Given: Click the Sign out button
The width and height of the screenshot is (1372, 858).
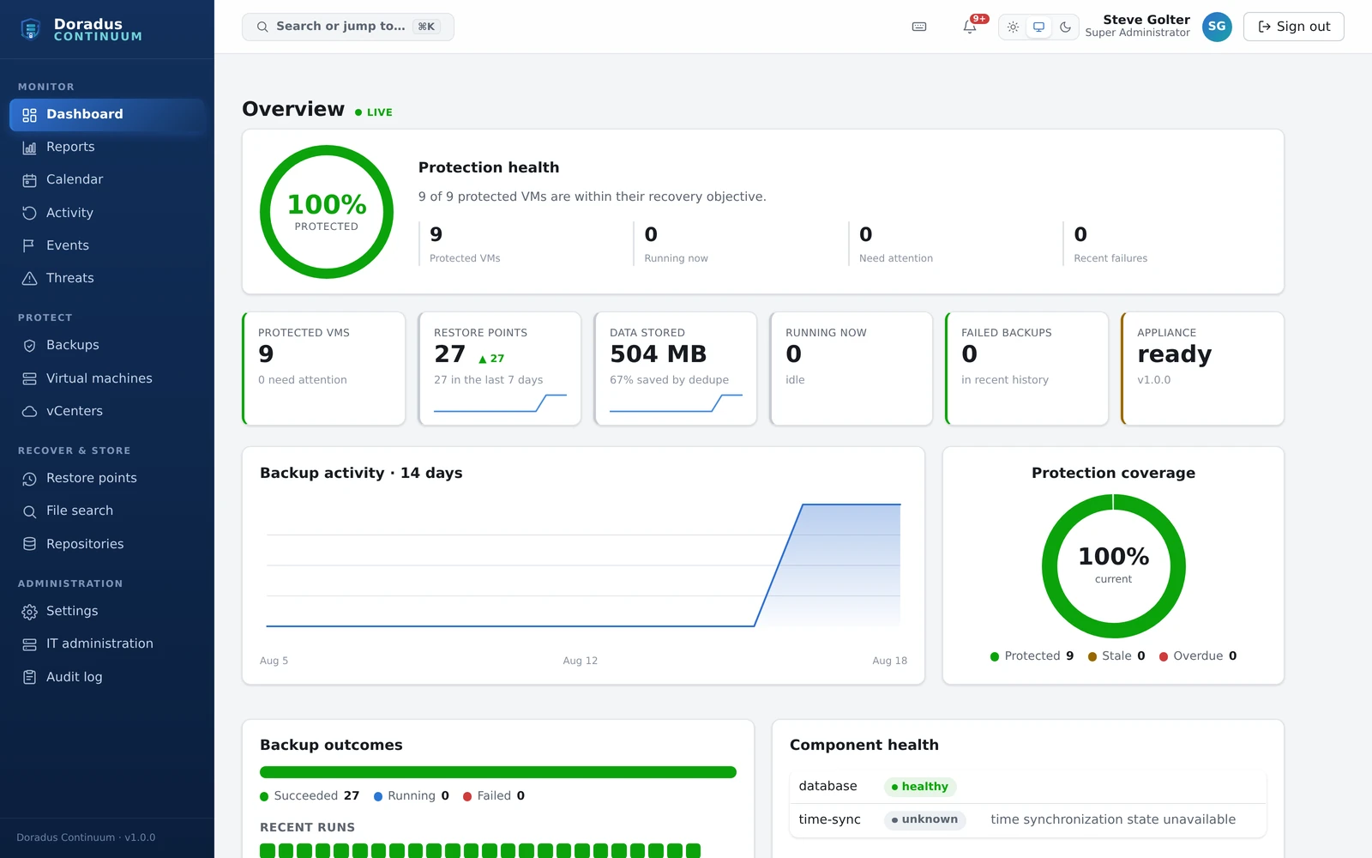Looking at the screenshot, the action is [x=1294, y=27].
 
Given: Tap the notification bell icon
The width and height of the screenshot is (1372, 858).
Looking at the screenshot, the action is [x=970, y=27].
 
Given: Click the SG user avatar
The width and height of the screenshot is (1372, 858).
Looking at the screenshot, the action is [x=1217, y=27].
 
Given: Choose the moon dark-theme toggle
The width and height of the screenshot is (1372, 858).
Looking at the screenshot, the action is [x=1065, y=27].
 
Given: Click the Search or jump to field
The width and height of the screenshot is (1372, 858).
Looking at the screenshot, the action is [x=348, y=27].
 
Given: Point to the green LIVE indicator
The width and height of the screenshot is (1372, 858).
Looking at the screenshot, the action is [x=374, y=112].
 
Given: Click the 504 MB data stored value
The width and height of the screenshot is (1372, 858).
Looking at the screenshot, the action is [x=658, y=354].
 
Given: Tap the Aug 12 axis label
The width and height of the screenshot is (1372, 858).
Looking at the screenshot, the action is [x=580, y=661].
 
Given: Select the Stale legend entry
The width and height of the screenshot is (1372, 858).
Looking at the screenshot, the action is [x=1116, y=656].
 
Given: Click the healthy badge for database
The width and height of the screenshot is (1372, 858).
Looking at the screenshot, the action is [x=920, y=786].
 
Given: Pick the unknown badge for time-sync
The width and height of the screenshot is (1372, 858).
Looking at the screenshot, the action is [x=925, y=819].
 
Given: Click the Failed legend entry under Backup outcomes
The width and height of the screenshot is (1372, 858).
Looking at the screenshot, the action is [x=494, y=795].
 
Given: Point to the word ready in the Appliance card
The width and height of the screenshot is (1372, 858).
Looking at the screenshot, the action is [x=1174, y=354].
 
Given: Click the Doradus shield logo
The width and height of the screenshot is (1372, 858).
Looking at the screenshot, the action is [x=31, y=29].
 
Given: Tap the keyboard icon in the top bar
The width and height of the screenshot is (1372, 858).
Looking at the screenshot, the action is [x=918, y=27].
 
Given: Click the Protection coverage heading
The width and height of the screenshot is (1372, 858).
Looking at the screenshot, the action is [x=1113, y=473].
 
